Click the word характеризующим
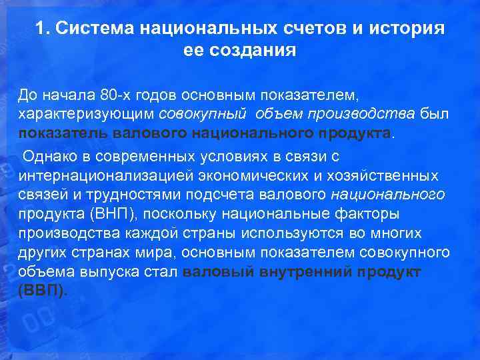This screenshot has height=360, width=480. (86, 114)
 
